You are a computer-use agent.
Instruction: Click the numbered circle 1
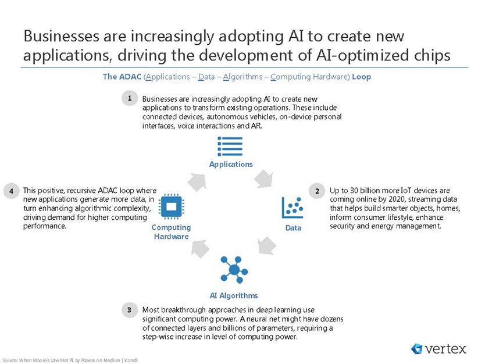pos(130,98)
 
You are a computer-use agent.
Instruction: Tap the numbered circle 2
pos(317,191)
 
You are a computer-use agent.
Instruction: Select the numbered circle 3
pos(130,310)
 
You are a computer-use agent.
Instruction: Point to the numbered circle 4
pos(12,191)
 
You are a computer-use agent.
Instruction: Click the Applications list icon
pos(230,147)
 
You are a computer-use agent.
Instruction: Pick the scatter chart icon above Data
pos(293,208)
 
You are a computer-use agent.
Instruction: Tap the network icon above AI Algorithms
pos(234,270)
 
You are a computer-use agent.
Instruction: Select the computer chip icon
pos(172,206)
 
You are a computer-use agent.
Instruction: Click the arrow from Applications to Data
pos(263,179)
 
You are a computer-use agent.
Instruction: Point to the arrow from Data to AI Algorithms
pos(266,245)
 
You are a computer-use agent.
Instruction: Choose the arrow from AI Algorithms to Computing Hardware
pos(200,249)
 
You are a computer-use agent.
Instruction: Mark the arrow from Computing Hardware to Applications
pos(197,182)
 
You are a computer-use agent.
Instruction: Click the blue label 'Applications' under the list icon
pos(231,164)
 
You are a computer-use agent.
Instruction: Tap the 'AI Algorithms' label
pos(234,295)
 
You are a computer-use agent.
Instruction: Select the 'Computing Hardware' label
pos(171,232)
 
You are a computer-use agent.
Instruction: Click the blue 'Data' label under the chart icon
pos(293,228)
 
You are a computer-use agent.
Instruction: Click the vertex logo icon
pos(416,349)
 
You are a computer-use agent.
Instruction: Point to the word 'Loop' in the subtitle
pos(361,77)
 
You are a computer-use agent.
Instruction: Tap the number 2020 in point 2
pos(397,199)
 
